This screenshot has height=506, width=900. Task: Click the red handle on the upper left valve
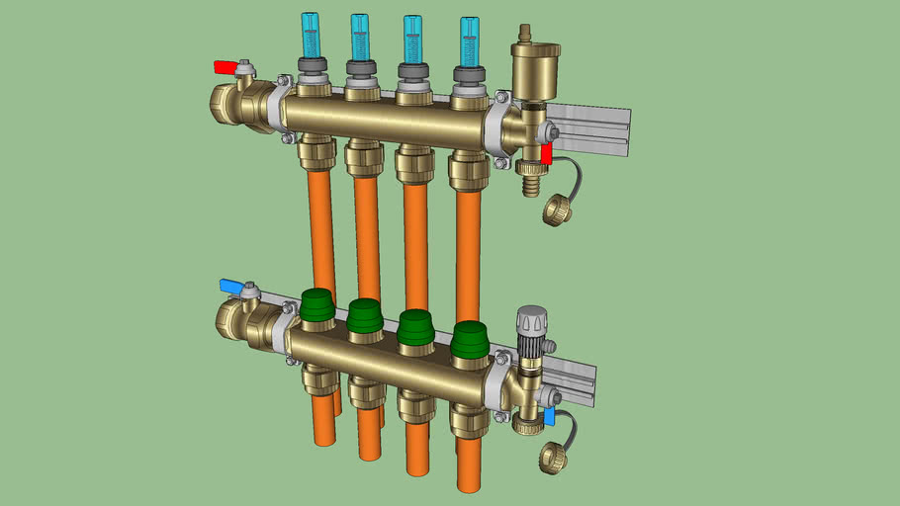coord(225,67)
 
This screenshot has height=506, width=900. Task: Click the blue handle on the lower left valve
coord(229,286)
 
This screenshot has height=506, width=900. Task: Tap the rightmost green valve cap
coord(469,339)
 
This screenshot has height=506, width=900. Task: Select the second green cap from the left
coord(364,316)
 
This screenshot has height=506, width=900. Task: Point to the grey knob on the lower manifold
coord(531,323)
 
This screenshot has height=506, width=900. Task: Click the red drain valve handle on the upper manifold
coord(546,153)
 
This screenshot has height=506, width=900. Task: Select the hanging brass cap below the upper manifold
coord(558,209)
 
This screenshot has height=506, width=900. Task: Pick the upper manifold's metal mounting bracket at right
coord(593,128)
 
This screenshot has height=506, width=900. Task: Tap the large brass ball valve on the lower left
coord(243,321)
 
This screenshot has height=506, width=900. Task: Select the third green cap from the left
coord(415,327)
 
